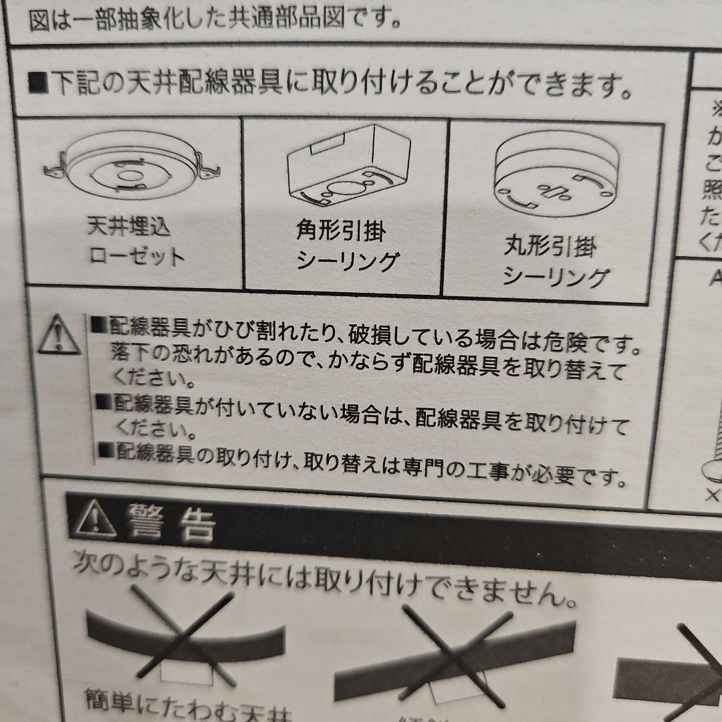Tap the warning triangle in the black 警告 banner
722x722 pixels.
pos(93,518)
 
